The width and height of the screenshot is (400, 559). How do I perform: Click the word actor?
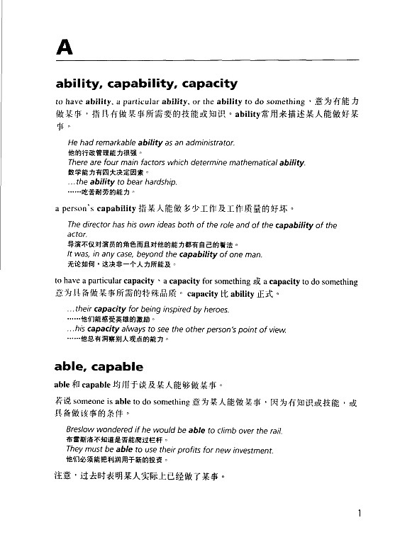pyautogui.click(x=77, y=235)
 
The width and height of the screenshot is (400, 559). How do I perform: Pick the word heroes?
pyautogui.click(x=213, y=310)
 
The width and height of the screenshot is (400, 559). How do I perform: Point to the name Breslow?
pyautogui.click(x=84, y=430)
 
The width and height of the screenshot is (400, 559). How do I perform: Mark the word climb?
pyautogui.click(x=224, y=430)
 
